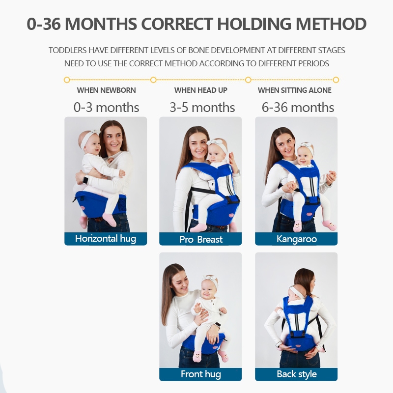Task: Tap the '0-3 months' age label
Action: pyautogui.click(x=106, y=108)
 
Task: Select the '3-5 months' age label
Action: pyautogui.click(x=202, y=108)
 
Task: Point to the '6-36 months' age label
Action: pyautogui.click(x=298, y=108)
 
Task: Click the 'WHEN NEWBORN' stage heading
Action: pyautogui.click(x=106, y=90)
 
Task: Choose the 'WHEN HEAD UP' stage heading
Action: pyautogui.click(x=201, y=90)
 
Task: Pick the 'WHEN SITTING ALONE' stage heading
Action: pyautogui.click(x=294, y=90)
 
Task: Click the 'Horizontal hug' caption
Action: pyautogui.click(x=106, y=239)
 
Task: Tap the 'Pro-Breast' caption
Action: pyautogui.click(x=201, y=239)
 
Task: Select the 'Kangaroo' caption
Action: pyautogui.click(x=297, y=239)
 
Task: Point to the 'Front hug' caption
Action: pyautogui.click(x=201, y=374)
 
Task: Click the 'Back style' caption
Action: pyautogui.click(x=297, y=374)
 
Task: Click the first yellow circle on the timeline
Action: pyautogui.click(x=67, y=80)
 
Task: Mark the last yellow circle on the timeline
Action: pyautogui.click(x=336, y=80)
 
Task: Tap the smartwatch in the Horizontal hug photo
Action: pyautogui.click(x=85, y=180)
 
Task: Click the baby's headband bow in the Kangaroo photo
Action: pyautogui.click(x=306, y=145)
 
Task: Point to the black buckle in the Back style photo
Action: pyautogui.click(x=297, y=334)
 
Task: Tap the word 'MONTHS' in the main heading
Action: pyautogui.click(x=101, y=24)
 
